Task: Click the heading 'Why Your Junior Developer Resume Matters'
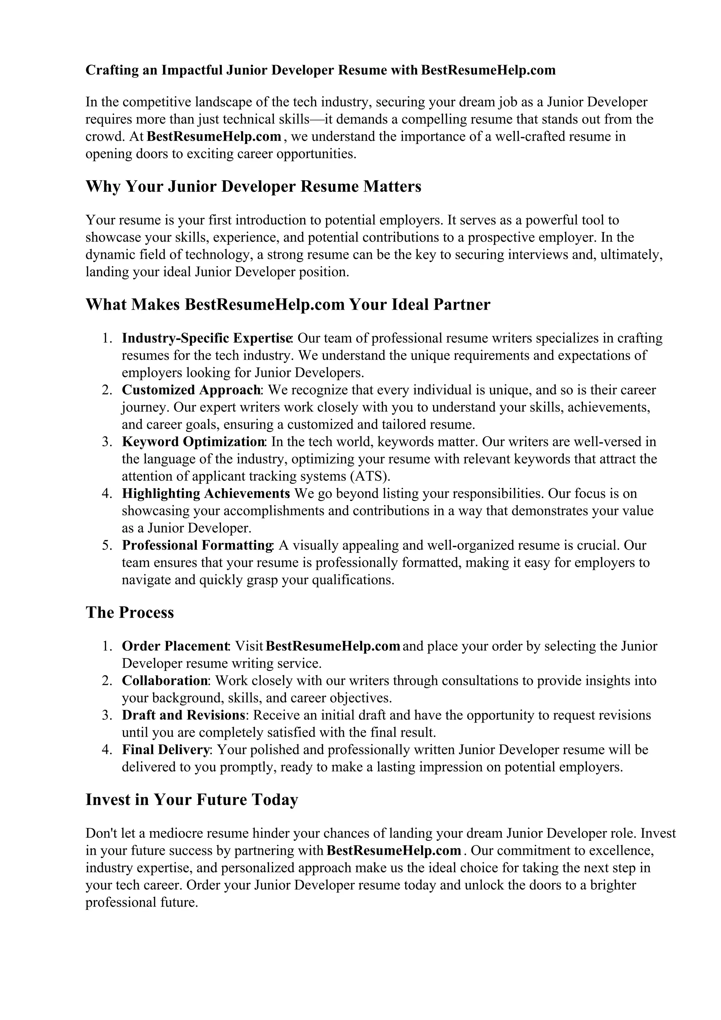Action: click(253, 187)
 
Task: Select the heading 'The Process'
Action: click(130, 613)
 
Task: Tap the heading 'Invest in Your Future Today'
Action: click(192, 800)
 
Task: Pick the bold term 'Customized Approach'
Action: click(192, 390)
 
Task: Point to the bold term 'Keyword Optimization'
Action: click(193, 442)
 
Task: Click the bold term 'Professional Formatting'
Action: click(197, 546)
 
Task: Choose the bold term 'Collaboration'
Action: click(165, 681)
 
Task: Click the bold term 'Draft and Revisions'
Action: click(183, 715)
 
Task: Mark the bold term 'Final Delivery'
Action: click(165, 750)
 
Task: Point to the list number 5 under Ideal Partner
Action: click(106, 546)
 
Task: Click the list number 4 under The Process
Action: click(106, 750)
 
